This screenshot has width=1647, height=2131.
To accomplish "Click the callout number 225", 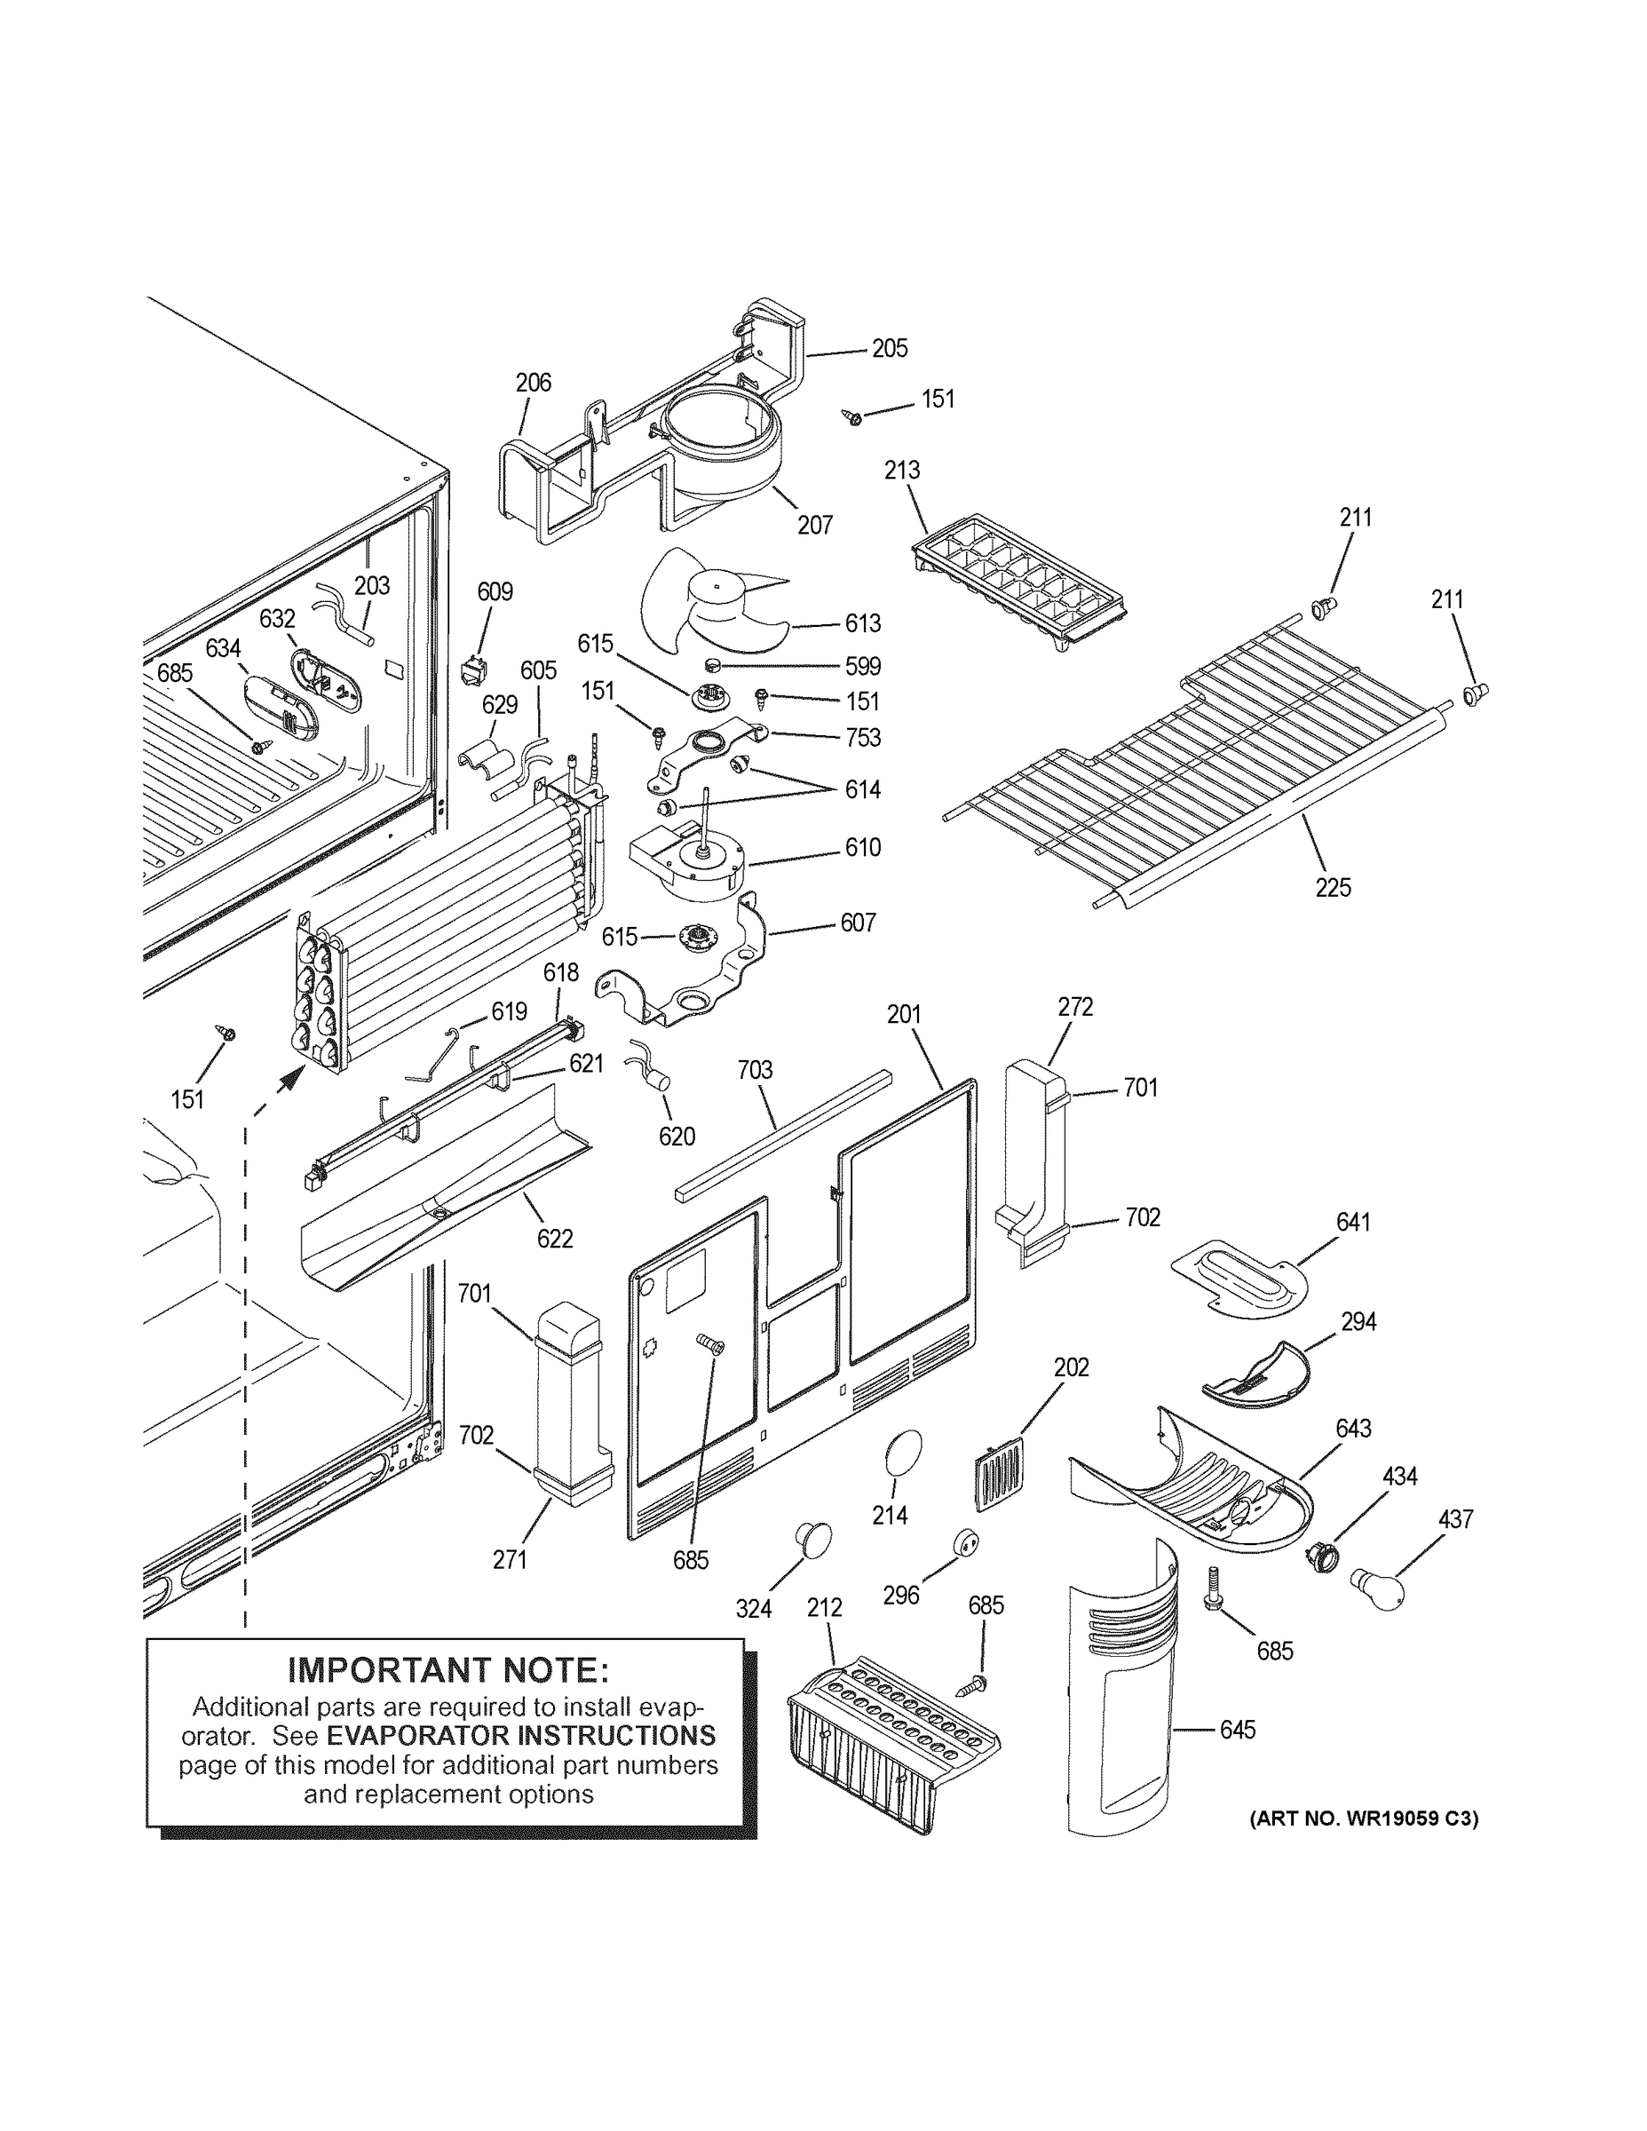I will pyautogui.click(x=1333, y=887).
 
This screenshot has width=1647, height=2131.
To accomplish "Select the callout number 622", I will pyautogui.click(x=554, y=1239).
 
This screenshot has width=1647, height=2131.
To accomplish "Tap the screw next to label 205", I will pyautogui.click(x=851, y=417).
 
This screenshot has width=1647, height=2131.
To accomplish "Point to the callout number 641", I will pyautogui.click(x=1353, y=1222).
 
